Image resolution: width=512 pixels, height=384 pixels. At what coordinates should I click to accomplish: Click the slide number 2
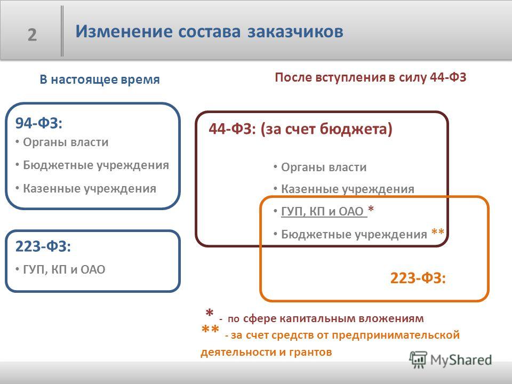(x=32, y=35)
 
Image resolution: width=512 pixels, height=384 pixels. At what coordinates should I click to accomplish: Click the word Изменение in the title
(x=124, y=31)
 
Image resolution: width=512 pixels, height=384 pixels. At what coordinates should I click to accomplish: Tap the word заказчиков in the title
(x=295, y=32)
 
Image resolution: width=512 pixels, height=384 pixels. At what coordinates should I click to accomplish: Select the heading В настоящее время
(x=100, y=79)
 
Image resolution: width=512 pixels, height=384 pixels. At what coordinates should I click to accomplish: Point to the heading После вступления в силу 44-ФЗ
(x=370, y=77)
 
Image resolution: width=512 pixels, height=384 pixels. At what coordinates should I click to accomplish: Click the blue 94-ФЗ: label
(x=38, y=123)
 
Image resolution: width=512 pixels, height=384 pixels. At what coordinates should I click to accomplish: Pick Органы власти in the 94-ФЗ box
(x=66, y=142)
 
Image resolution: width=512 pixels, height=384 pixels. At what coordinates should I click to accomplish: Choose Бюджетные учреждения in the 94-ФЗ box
(x=96, y=165)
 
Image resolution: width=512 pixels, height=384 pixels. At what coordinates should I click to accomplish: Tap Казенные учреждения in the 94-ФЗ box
(x=90, y=189)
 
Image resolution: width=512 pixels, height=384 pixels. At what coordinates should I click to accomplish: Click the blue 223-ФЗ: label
(x=43, y=246)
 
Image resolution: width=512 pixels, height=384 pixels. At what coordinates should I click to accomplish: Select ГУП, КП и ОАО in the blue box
(x=64, y=270)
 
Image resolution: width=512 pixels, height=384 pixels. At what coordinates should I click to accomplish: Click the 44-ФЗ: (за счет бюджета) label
(x=300, y=129)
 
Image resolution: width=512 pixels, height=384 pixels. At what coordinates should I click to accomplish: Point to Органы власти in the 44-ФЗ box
(x=324, y=167)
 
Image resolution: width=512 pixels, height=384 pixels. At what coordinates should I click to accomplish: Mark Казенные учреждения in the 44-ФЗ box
(x=347, y=189)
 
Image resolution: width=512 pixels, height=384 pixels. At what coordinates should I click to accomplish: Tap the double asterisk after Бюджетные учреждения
(x=438, y=232)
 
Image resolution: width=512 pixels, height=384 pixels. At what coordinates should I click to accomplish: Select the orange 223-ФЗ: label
(x=418, y=278)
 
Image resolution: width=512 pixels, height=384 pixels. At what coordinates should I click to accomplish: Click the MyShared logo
(x=451, y=359)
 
